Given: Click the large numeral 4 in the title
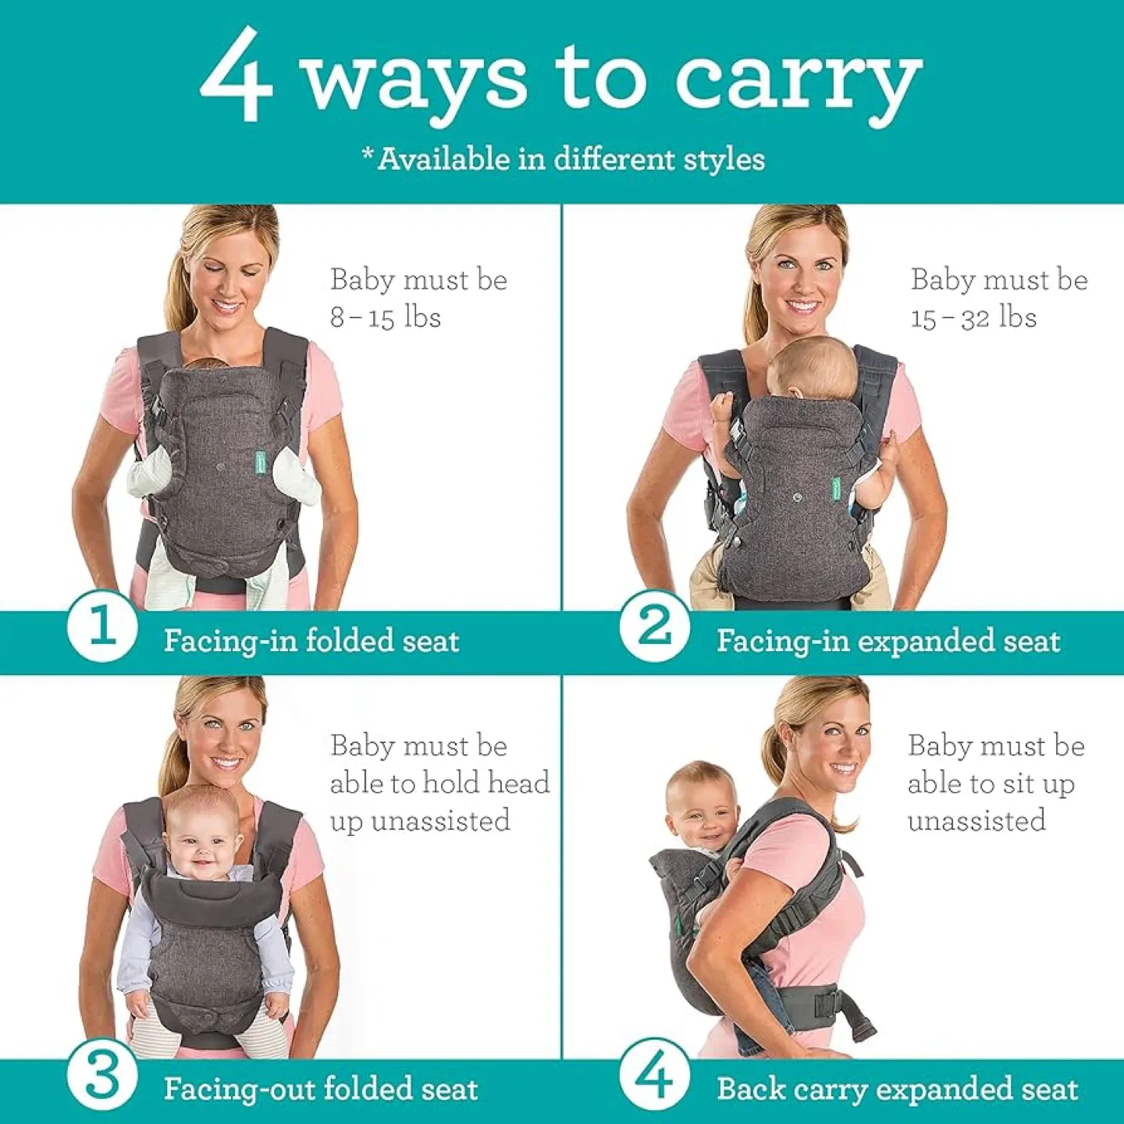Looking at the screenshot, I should coord(237,75).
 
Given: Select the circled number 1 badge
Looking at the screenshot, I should coord(101,626).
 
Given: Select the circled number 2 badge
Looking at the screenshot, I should coord(654,626).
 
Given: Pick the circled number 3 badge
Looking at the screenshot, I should coord(101,1076).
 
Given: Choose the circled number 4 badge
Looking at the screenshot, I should coord(654,1076).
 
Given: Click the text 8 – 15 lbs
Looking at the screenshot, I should coord(386,318).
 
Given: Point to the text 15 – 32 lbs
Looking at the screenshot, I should coord(973,318).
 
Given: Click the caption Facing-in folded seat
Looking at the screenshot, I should coord(311,642).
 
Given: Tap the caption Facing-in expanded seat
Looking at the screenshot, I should coord(888,642).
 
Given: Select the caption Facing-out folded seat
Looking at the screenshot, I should coord(320,1089).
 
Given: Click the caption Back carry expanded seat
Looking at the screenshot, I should coord(898,1089).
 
